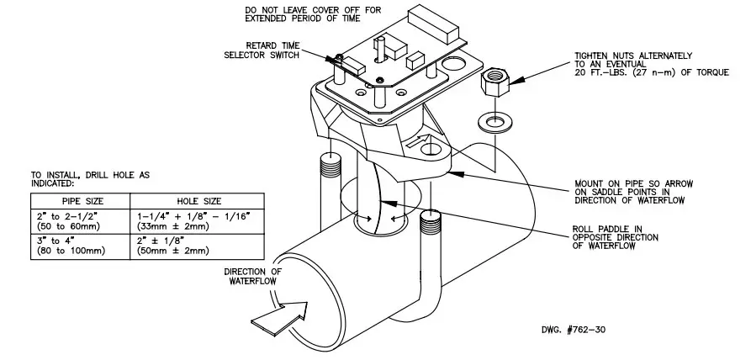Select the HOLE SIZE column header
[x=199, y=201]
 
